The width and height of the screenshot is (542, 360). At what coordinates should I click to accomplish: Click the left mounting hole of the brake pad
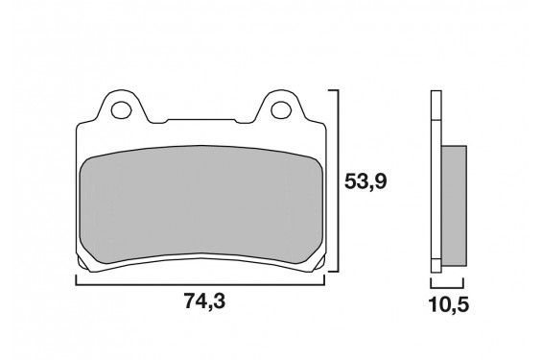123,108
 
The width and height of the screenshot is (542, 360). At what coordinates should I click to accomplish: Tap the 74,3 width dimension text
201,303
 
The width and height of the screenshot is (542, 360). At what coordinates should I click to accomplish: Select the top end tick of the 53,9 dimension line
334,90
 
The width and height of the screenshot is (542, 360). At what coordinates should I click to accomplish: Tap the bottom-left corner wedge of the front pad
84,261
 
